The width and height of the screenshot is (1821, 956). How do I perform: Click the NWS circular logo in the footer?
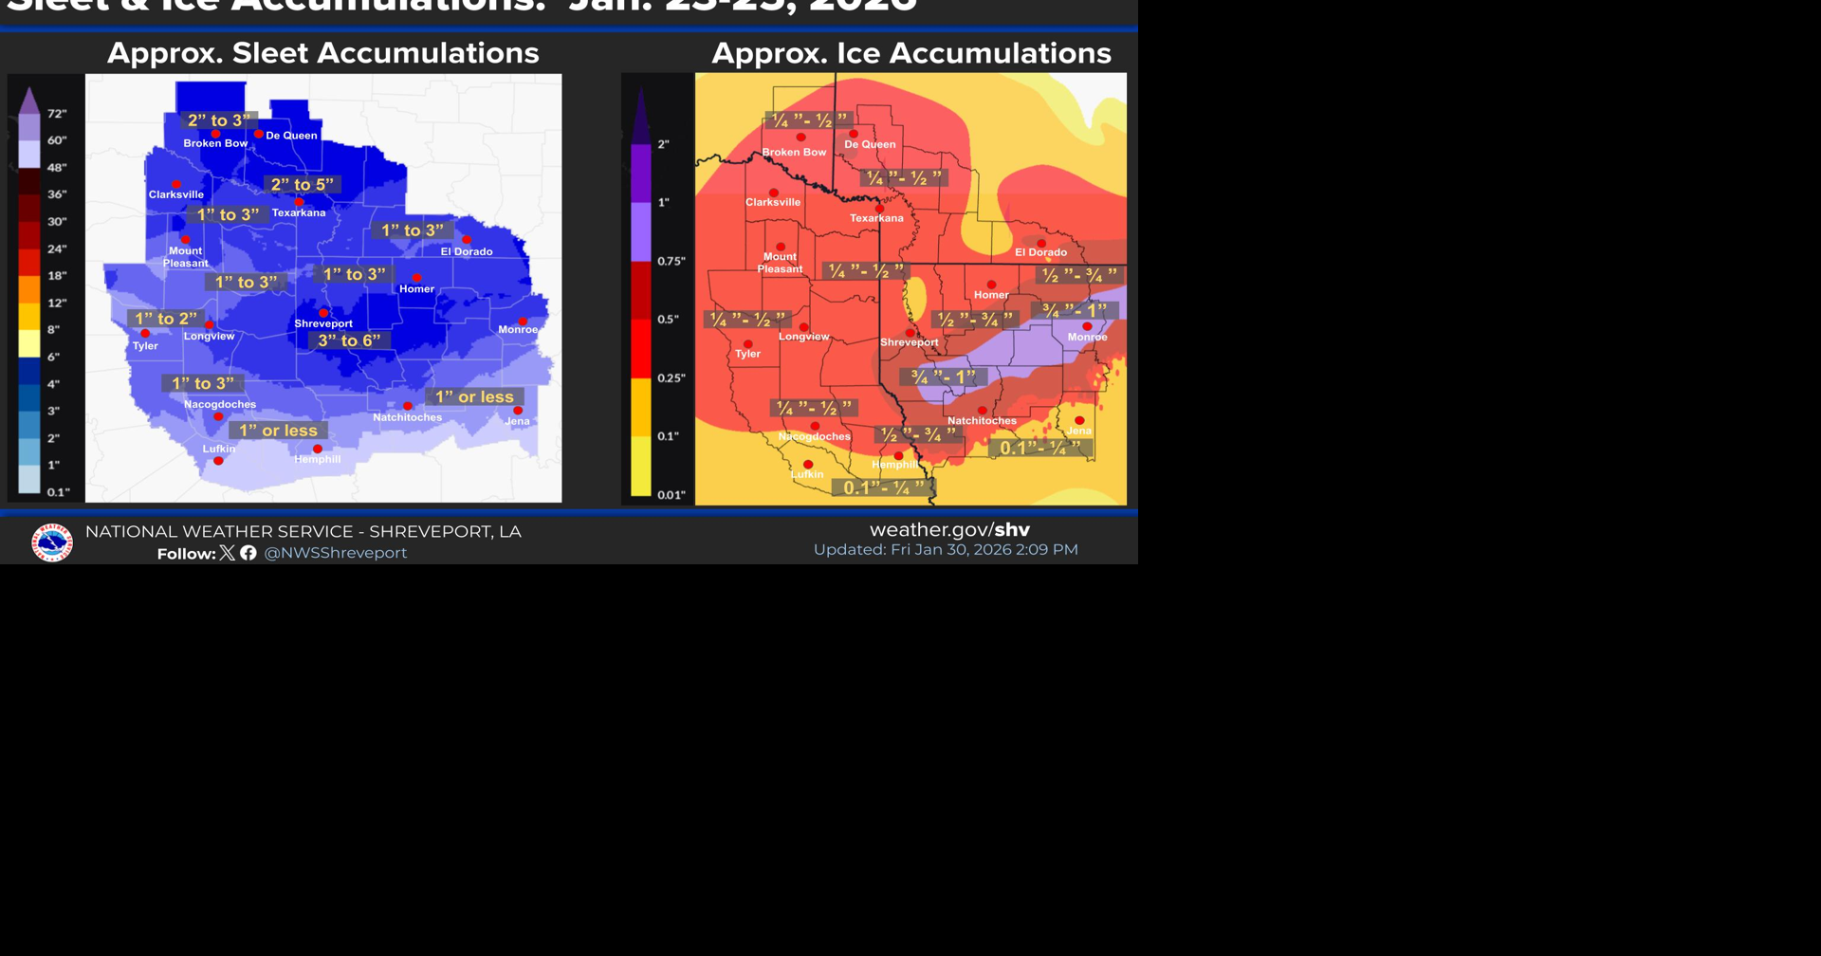(52, 542)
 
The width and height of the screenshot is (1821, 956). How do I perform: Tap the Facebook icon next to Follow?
(248, 553)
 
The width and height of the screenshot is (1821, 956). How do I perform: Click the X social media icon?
(228, 553)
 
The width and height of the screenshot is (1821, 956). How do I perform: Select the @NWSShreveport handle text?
(335, 553)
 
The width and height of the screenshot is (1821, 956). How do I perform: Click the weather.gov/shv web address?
(949, 530)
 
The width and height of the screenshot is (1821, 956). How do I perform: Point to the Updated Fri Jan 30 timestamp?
(946, 550)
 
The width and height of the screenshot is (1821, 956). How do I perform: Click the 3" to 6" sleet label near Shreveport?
(349, 340)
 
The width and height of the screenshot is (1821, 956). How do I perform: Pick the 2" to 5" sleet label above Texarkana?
(303, 185)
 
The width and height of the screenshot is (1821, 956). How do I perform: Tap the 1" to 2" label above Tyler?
(166, 319)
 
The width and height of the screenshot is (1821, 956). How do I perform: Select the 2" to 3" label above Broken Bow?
(219, 120)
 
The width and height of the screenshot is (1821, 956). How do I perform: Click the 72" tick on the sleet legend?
(57, 114)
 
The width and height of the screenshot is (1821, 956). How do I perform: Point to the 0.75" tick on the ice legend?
(671, 261)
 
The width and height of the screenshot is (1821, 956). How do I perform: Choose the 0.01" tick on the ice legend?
(671, 495)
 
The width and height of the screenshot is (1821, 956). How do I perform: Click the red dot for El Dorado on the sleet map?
(467, 240)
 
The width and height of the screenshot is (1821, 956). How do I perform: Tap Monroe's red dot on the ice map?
(1087, 326)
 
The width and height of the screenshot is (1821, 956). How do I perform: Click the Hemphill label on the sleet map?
(317, 460)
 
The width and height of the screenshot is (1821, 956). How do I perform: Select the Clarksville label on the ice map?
(773, 203)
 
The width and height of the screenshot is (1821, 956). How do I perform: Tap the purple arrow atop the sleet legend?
(29, 101)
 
